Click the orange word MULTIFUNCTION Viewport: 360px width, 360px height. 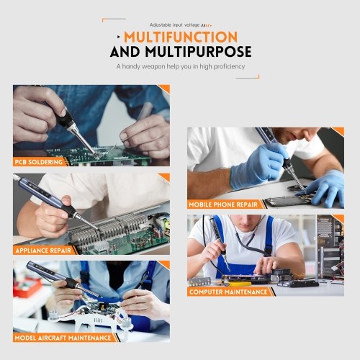181,37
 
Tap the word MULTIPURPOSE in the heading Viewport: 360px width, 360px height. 198,52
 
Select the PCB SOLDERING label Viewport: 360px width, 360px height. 39,162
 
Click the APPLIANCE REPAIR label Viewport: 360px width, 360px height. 43,251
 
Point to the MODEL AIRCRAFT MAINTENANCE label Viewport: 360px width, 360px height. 63,338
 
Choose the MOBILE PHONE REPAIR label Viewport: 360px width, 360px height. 223,204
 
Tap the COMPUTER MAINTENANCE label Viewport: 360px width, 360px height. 228,292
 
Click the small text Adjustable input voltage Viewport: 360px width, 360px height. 175,25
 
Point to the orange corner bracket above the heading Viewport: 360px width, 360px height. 113,19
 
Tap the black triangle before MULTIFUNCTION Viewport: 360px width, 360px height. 119,37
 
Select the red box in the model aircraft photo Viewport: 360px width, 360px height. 27,287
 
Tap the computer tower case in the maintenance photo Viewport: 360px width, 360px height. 330,247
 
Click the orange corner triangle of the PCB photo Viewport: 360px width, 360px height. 165,89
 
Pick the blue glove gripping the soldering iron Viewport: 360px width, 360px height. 258,166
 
